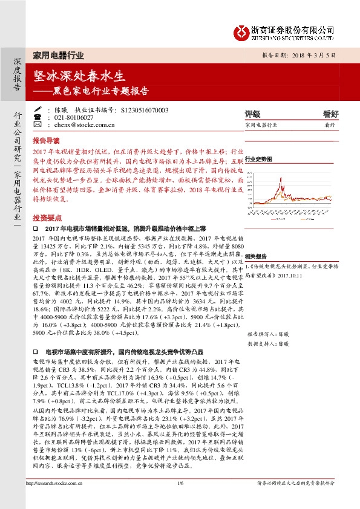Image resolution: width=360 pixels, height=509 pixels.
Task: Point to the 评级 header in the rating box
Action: pyautogui.click(x=252, y=113)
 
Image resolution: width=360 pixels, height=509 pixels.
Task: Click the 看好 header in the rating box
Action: pyautogui.click(x=330, y=113)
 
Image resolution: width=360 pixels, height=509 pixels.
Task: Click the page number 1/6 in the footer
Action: pyautogui.click(x=180, y=500)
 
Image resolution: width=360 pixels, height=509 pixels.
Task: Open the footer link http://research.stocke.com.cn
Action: pyautogui.click(x=55, y=500)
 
